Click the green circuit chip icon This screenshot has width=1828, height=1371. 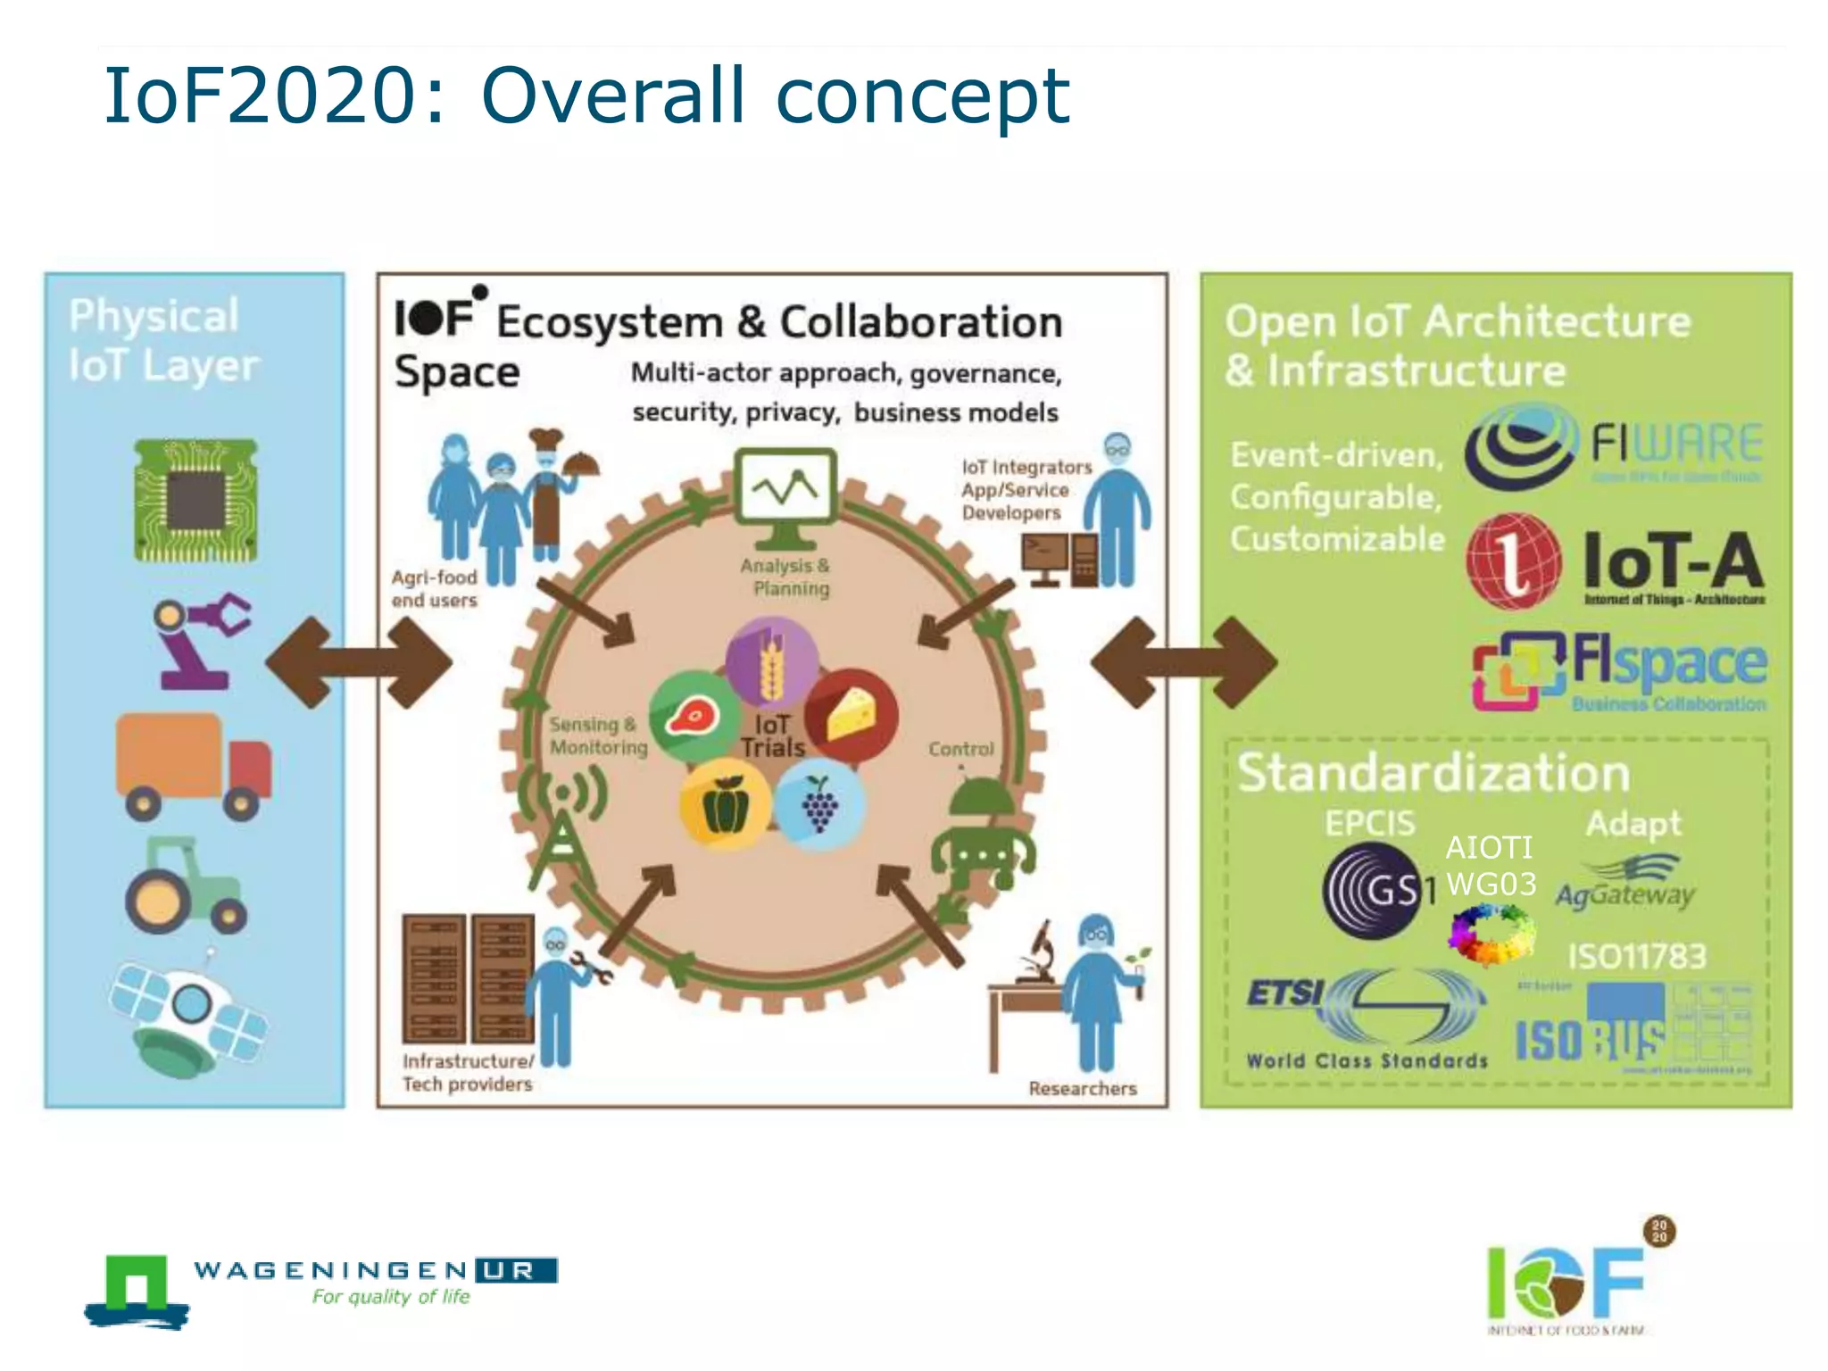click(195, 500)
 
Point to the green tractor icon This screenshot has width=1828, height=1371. click(185, 885)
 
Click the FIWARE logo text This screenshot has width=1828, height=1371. click(1676, 444)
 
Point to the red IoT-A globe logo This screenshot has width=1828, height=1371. click(1513, 561)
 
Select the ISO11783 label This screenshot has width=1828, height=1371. click(1637, 957)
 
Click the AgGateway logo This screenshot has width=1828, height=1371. click(1625, 884)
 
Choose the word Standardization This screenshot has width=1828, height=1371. click(1433, 773)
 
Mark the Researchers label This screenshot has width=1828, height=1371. click(1082, 1088)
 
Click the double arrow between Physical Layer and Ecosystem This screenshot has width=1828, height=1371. click(359, 662)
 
